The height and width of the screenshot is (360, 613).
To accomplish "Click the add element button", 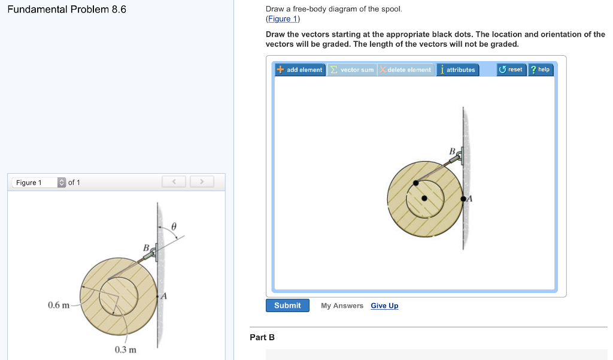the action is tap(301, 69).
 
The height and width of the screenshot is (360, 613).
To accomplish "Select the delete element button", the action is tap(406, 69).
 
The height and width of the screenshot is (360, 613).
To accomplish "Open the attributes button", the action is tap(457, 69).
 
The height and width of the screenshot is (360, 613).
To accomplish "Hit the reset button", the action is tap(511, 69).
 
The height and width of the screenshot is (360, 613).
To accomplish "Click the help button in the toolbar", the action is tap(541, 69).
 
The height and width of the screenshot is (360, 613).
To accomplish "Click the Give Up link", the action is tap(384, 305).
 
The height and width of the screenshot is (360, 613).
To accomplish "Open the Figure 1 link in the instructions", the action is tap(283, 19).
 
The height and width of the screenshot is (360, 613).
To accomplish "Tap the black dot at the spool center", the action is tap(424, 198).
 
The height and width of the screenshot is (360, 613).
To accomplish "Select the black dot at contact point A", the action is tap(463, 199).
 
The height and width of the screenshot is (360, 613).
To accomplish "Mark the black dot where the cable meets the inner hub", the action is tap(416, 183).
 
